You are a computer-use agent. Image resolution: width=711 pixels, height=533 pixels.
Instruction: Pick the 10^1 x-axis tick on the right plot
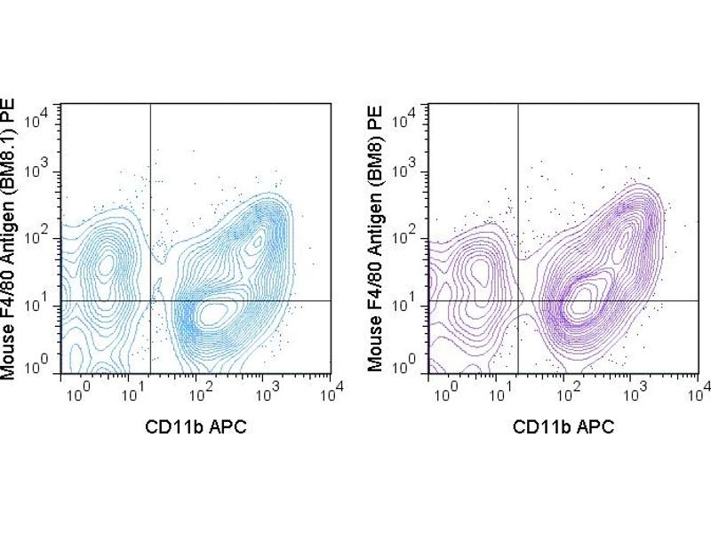[x=502, y=388]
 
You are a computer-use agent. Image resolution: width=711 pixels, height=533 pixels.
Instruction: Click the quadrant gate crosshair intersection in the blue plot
[x=150, y=302]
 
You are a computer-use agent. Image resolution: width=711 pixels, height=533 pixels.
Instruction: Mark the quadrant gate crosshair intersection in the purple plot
[x=517, y=302]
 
